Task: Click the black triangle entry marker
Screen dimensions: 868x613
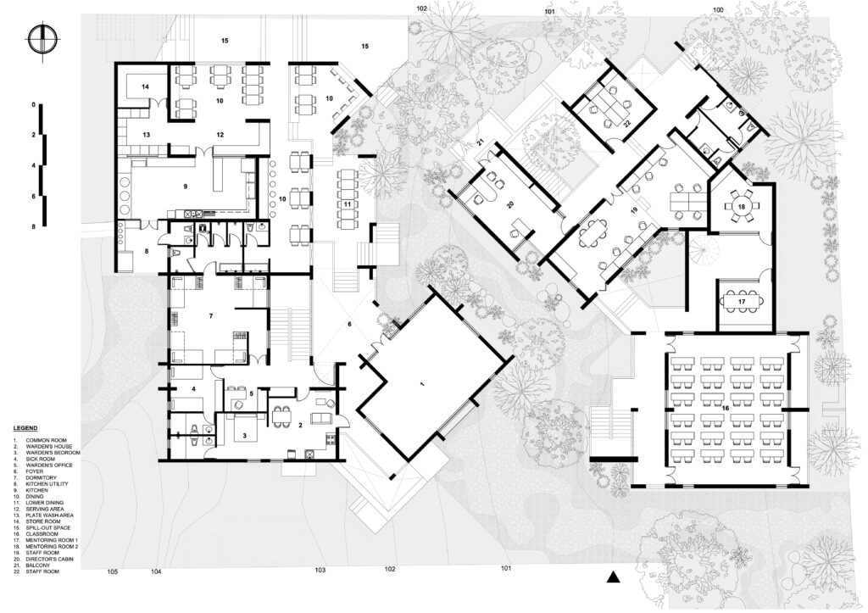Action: pos(612,577)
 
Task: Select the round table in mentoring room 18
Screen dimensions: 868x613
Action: pos(741,207)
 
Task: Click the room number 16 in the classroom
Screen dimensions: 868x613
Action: pos(725,408)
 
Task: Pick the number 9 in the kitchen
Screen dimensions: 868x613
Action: pos(185,187)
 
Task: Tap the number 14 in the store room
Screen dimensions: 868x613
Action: pos(145,87)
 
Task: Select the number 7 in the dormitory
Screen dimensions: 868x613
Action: pos(210,315)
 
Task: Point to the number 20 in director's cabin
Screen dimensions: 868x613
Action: pos(510,205)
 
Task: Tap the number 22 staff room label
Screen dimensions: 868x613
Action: pos(627,124)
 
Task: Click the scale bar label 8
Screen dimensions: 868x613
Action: pos(33,226)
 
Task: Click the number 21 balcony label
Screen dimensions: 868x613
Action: pos(481,143)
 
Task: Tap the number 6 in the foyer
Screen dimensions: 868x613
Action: pos(349,323)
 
